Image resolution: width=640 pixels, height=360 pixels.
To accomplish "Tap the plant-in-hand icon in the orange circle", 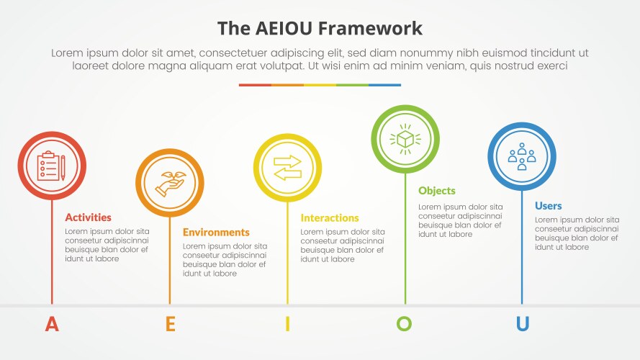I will (170, 183).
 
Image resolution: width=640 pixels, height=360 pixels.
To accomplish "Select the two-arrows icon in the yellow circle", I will (287, 168).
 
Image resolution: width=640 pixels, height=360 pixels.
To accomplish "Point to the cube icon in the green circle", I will (405, 138).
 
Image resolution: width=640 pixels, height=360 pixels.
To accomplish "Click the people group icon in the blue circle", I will (522, 156).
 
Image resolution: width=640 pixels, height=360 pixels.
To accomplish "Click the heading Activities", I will (88, 217).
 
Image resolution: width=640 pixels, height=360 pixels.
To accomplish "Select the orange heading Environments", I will (216, 232).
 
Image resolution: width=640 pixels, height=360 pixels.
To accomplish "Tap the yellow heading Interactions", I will (329, 217).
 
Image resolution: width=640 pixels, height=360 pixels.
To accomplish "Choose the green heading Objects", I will (437, 191).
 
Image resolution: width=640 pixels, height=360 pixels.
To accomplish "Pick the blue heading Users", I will (548, 206).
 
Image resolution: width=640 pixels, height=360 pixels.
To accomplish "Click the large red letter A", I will (52, 324).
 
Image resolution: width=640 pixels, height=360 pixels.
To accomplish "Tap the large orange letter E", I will (170, 324).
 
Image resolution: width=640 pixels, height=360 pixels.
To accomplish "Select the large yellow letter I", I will (287, 324).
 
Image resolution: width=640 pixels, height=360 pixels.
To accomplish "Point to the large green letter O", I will (405, 324).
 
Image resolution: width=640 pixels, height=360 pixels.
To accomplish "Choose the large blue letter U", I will (522, 324).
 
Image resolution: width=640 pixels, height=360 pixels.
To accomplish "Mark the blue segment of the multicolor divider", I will (384, 85).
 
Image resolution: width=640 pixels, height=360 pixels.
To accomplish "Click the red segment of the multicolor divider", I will (255, 85).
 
